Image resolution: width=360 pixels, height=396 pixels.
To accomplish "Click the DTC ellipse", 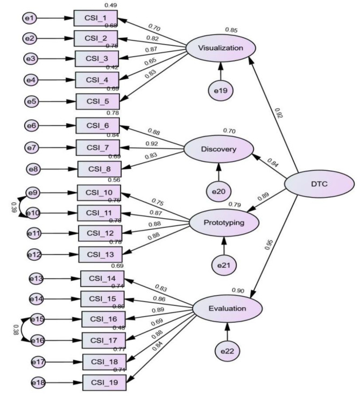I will (319, 185).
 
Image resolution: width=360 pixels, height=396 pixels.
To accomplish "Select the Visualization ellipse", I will (221, 48).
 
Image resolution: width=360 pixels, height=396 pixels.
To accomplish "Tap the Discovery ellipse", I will (218, 149).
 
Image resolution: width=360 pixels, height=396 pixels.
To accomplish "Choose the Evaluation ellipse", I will (227, 309).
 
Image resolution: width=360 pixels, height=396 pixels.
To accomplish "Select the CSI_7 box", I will (98, 148).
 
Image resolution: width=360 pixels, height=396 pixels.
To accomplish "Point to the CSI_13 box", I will (100, 254).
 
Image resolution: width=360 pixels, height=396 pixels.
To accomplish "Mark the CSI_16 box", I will (103, 319).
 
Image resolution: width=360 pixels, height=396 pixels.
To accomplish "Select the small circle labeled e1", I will (29, 18).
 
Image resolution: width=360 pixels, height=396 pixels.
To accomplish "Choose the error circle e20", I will (218, 192).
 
